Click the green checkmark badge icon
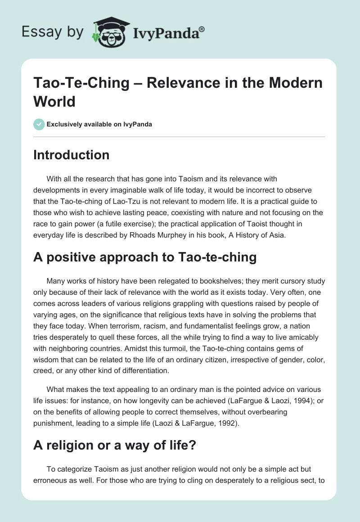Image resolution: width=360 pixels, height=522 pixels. pyautogui.click(x=39, y=124)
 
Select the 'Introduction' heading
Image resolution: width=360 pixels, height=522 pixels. pyautogui.click(x=71, y=155)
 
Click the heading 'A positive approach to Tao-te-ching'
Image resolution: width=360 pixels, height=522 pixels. pyautogui.click(x=145, y=257)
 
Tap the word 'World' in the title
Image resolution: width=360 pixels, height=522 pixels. pyautogui.click(x=54, y=101)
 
